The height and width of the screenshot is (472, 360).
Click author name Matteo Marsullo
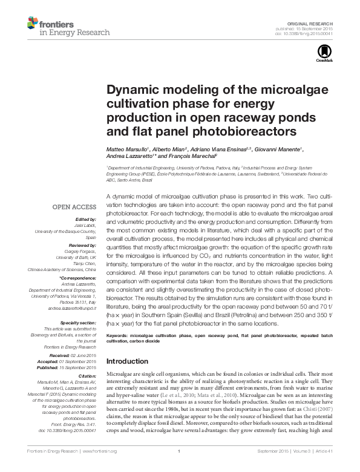tap(126, 149)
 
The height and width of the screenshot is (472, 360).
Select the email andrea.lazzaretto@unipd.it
tap(72, 308)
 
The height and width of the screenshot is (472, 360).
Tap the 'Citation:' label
tap(86, 376)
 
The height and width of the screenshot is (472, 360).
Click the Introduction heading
tap(127, 361)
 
